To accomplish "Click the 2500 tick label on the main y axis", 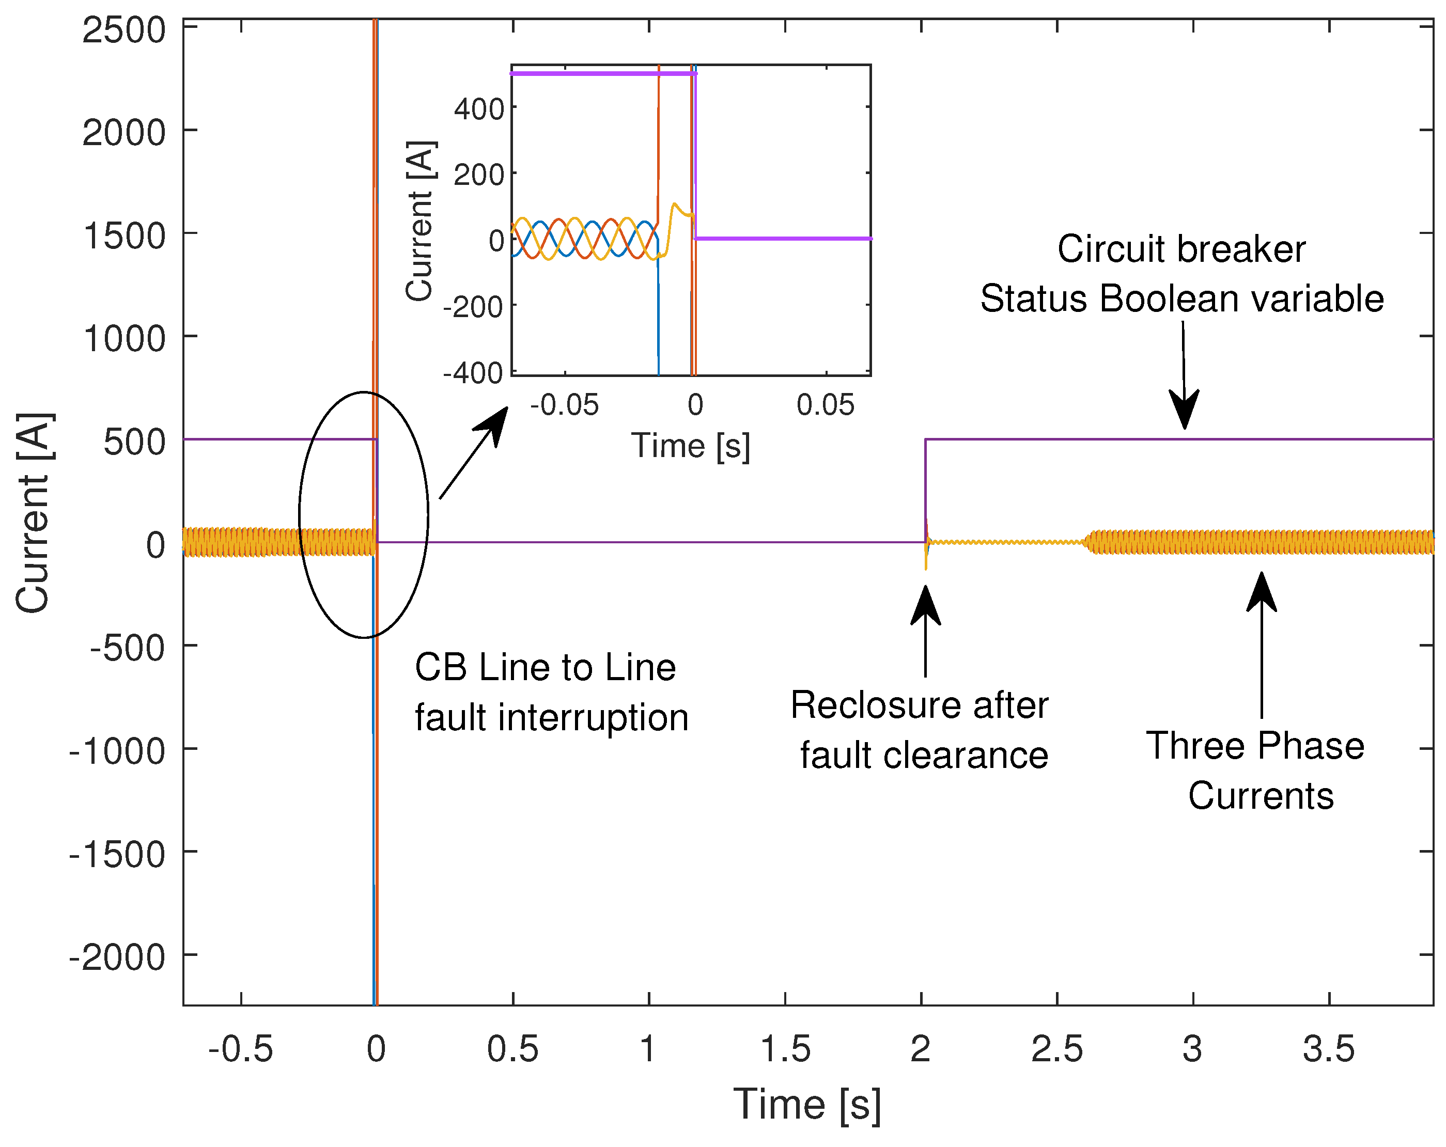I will click(123, 31).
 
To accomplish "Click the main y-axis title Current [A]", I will click(34, 513).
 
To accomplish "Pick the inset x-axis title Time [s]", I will click(690, 446).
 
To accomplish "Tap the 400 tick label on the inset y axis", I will click(479, 108).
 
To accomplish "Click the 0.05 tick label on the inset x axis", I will click(825, 405).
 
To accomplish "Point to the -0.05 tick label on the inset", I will click(564, 405).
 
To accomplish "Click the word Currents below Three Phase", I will click(1261, 796).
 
